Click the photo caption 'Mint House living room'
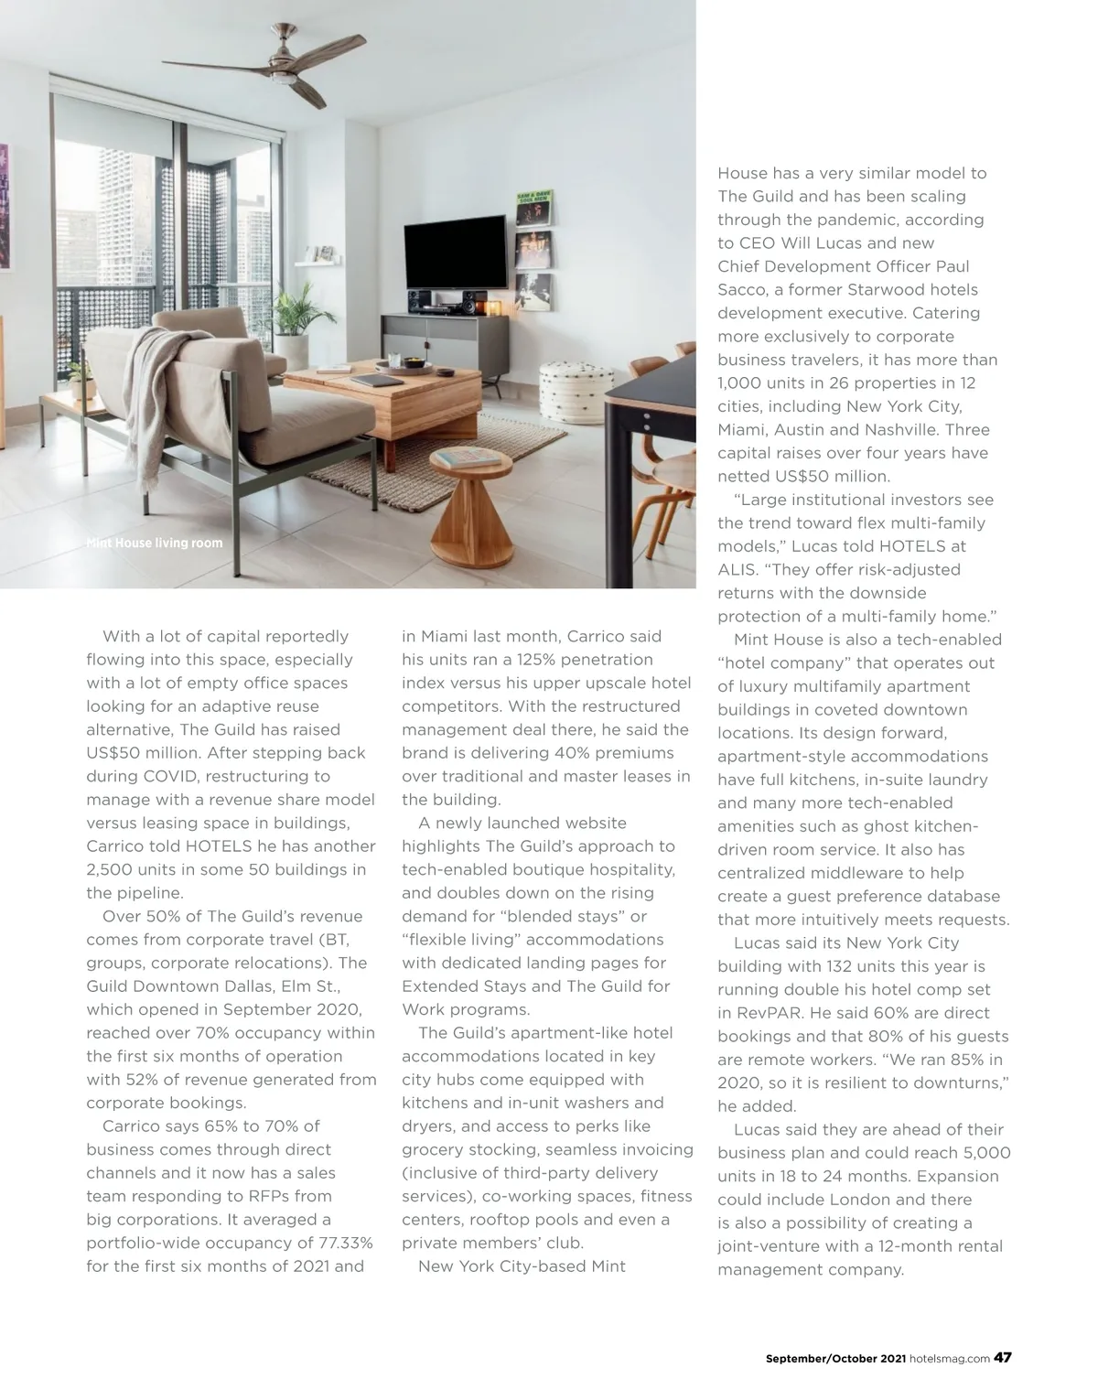click(154, 543)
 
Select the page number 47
click(1002, 1358)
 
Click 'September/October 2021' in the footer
click(834, 1359)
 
